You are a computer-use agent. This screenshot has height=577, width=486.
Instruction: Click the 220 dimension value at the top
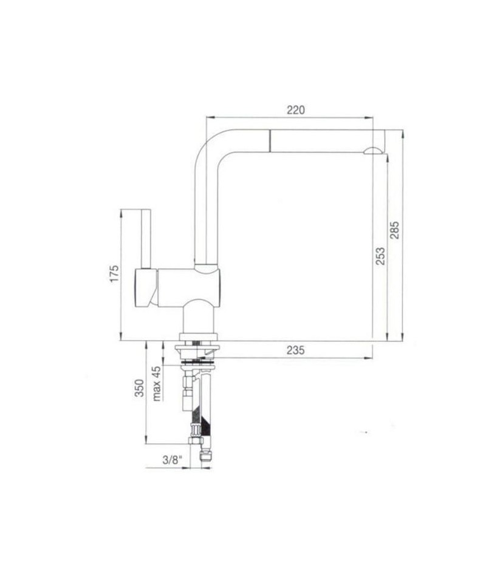point(296,110)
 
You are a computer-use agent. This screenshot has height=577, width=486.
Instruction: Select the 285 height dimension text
point(394,230)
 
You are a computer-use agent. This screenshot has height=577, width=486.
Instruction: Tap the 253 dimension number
point(380,256)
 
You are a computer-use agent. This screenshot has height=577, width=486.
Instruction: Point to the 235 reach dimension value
point(296,350)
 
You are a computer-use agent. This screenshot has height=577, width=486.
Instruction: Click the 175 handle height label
point(114,273)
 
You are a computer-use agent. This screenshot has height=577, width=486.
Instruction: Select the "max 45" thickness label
point(157,383)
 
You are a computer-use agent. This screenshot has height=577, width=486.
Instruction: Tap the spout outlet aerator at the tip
point(373,150)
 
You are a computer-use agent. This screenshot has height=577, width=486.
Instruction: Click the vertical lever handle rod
point(146,239)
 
